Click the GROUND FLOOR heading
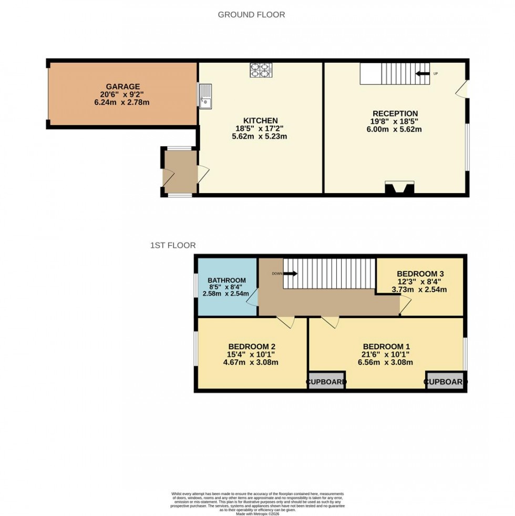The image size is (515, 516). (251, 15)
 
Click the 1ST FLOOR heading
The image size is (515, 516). (173, 245)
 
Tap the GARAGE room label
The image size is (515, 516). (123, 86)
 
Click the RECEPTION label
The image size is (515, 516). (395, 114)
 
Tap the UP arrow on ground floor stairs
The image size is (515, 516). (423, 74)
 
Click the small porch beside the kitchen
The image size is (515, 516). (179, 172)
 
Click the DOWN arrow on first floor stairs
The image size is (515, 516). (291, 274)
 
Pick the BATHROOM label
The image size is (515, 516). (226, 280)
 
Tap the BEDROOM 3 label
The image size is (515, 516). (420, 274)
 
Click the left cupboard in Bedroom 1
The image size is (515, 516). (326, 382)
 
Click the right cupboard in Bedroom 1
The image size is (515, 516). (446, 382)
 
